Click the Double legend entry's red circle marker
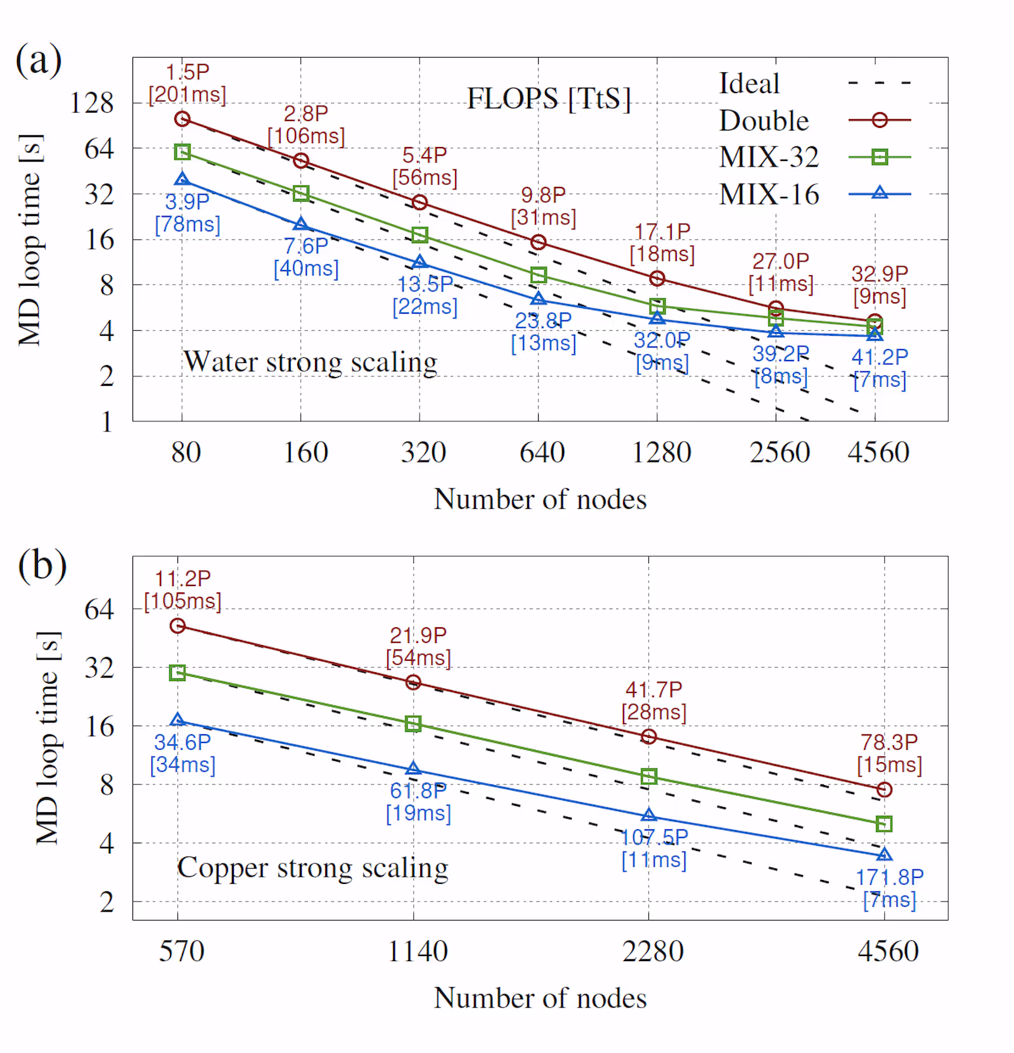[879, 120]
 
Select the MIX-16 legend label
[769, 195]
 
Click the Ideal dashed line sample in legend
[879, 83]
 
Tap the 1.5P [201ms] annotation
[187, 84]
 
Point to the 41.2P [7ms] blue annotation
[879, 368]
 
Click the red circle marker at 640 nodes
[538, 242]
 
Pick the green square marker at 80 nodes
[183, 152]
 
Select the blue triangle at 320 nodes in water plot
[420, 262]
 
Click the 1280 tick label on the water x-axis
[661, 452]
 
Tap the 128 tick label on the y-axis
[91, 103]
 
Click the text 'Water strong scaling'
[310, 362]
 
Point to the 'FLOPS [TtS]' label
[549, 99]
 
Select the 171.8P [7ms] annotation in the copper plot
[889, 888]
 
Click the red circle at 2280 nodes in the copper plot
[648, 736]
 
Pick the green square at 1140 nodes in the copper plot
[413, 724]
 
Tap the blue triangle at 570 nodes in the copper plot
[177, 720]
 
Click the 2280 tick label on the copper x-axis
[653, 952]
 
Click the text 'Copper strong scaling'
[312, 868]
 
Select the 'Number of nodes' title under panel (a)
[540, 499]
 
